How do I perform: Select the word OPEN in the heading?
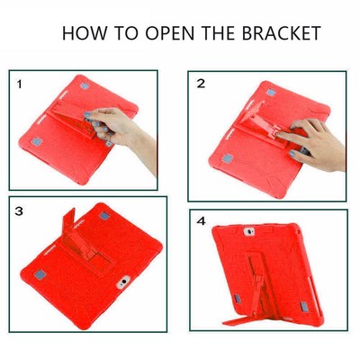170,33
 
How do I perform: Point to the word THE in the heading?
219,33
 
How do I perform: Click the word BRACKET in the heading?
282,33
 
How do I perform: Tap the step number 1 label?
19,85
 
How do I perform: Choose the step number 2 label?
201,84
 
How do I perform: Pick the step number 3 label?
19,211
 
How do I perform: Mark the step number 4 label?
202,221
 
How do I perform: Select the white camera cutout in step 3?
123,283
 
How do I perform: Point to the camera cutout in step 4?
248,231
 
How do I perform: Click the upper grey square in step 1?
85,85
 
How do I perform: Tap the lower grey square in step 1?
37,141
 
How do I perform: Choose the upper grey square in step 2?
271,92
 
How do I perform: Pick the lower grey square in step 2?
228,158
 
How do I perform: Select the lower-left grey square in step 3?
40,274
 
